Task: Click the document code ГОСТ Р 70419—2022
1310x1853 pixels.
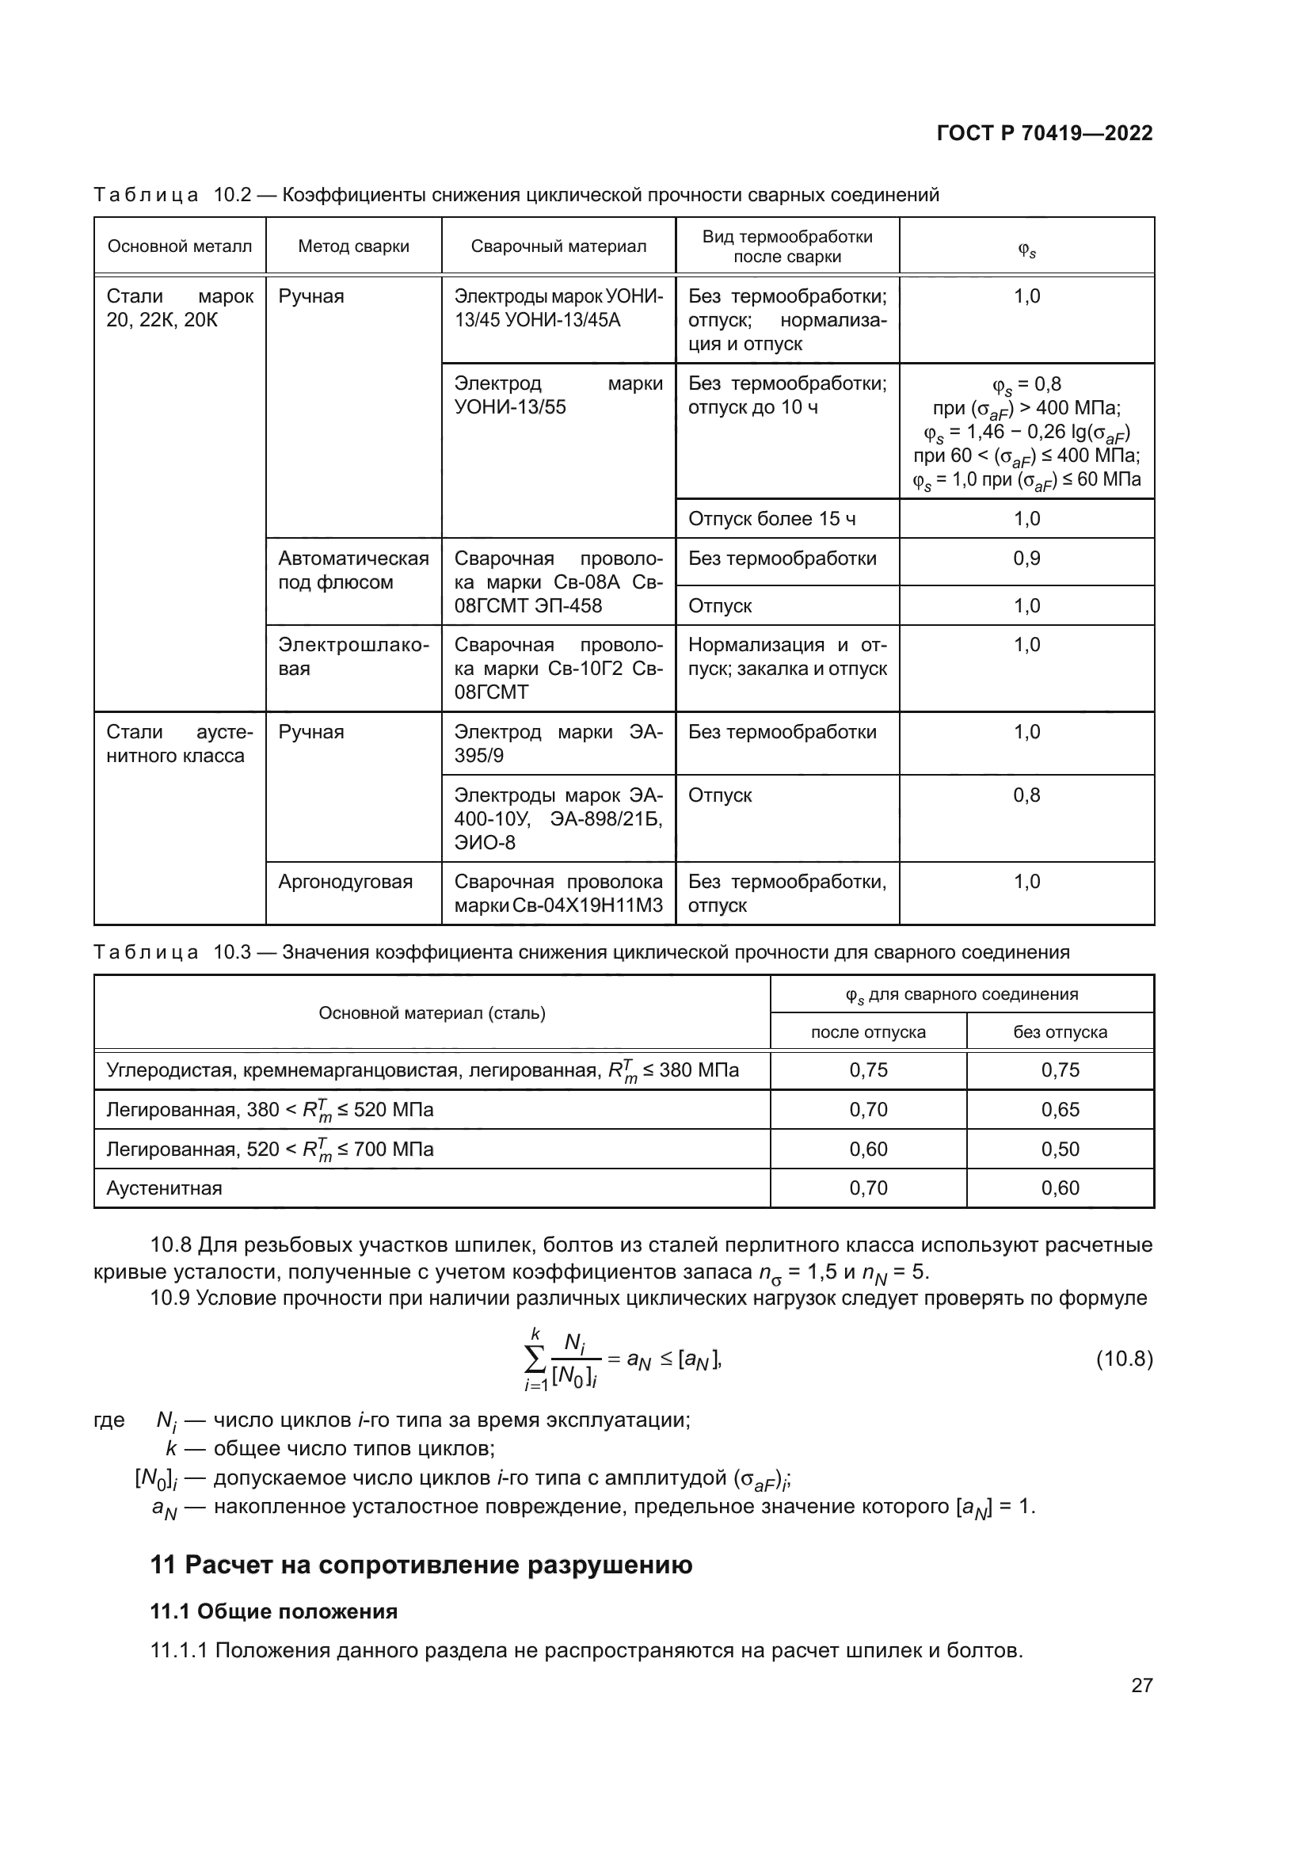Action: coord(1044,133)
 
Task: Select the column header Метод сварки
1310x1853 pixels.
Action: coord(353,246)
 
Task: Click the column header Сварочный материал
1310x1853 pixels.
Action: coord(558,246)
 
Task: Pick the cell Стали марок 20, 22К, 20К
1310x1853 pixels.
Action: coord(179,308)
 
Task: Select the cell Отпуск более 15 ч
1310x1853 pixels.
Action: coord(771,519)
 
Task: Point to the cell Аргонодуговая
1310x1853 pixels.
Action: coord(345,881)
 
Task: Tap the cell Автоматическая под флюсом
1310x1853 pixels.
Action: coord(353,570)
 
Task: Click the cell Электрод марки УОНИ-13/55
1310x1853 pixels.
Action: coord(558,395)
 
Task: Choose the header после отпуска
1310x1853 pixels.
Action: coord(868,1032)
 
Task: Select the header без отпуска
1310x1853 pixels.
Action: coord(1060,1032)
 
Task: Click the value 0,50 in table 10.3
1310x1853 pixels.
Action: coord(1060,1150)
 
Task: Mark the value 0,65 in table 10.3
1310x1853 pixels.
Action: coord(1060,1110)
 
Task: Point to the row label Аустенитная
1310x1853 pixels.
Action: coord(165,1188)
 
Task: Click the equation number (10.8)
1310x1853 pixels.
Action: coord(1124,1359)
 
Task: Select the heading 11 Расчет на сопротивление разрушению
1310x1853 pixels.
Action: coord(421,1565)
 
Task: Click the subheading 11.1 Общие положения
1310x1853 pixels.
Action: coord(273,1611)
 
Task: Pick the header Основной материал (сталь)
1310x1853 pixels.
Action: coord(432,1013)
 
